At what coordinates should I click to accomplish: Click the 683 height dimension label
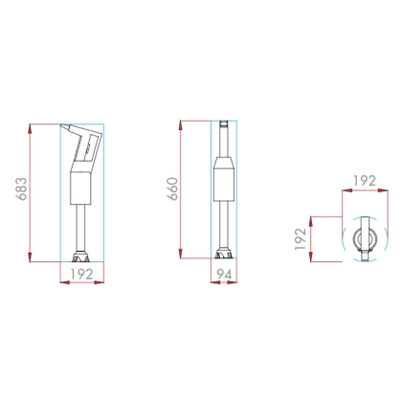click(x=22, y=189)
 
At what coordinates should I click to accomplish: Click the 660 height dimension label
click(x=172, y=189)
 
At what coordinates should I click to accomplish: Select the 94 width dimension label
click(x=224, y=274)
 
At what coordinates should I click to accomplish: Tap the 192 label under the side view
click(x=81, y=274)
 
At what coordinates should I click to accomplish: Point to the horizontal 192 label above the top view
click(x=365, y=181)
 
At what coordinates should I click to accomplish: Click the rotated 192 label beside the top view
click(x=301, y=239)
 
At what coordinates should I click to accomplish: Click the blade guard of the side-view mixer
click(x=81, y=257)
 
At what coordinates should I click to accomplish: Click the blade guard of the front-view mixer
click(x=224, y=255)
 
